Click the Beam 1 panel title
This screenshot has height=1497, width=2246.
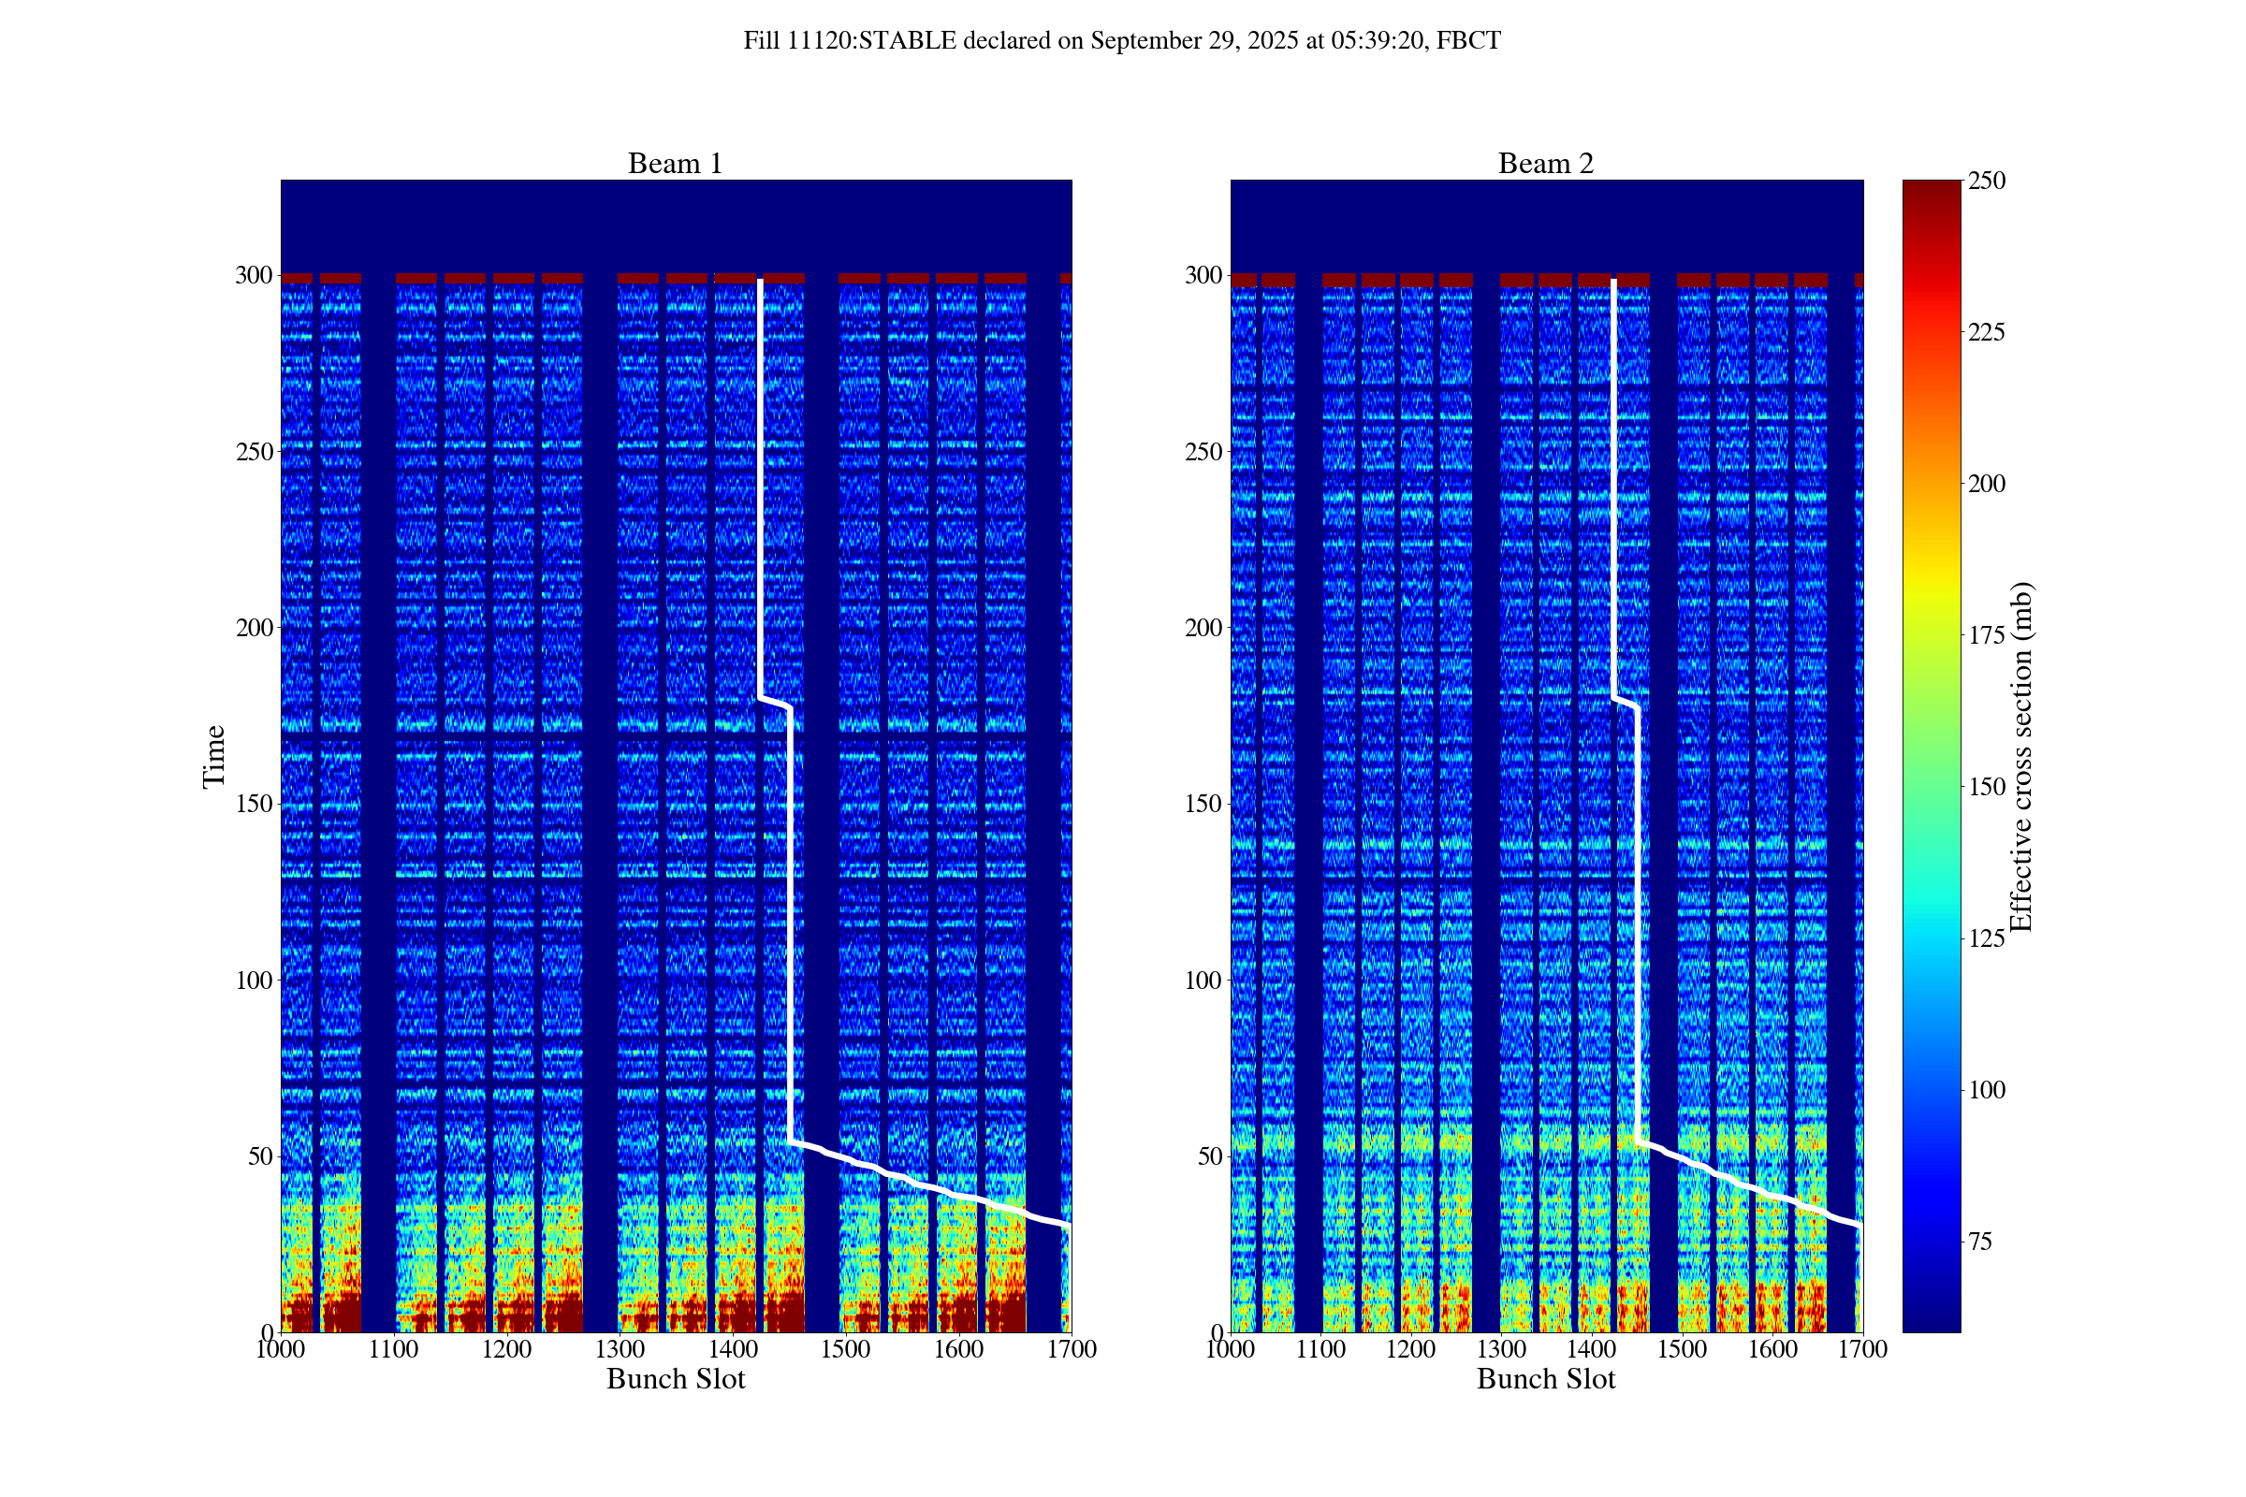coord(675,163)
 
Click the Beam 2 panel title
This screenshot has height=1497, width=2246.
coord(1545,163)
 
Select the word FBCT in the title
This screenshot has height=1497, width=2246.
coord(1468,41)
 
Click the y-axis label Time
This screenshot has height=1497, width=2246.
coord(214,756)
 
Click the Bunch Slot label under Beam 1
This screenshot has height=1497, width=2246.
coord(675,1378)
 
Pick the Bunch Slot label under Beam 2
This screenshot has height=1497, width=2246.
coord(1545,1378)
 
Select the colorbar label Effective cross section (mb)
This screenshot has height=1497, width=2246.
coord(2020,756)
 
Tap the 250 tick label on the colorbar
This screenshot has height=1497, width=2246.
coord(1986,181)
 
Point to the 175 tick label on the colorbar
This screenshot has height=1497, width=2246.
coord(1986,635)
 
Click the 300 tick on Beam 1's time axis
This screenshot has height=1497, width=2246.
coord(254,275)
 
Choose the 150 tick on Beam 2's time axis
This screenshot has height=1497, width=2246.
coord(1203,804)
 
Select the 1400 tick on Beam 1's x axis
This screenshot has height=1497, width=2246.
coord(733,1349)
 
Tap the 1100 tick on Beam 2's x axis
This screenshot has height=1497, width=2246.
coord(1320,1349)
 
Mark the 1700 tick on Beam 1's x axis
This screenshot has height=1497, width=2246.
coord(1072,1349)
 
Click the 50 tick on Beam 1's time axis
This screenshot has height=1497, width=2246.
coord(260,1156)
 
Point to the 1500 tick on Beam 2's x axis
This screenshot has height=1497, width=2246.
coord(1682,1349)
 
